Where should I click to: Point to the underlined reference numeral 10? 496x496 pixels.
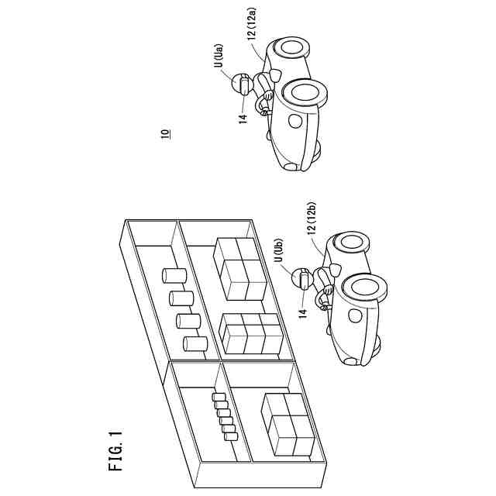pos(166,133)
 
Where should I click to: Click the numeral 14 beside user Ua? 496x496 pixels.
pos(243,117)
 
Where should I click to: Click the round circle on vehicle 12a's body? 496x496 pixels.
pos(294,121)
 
